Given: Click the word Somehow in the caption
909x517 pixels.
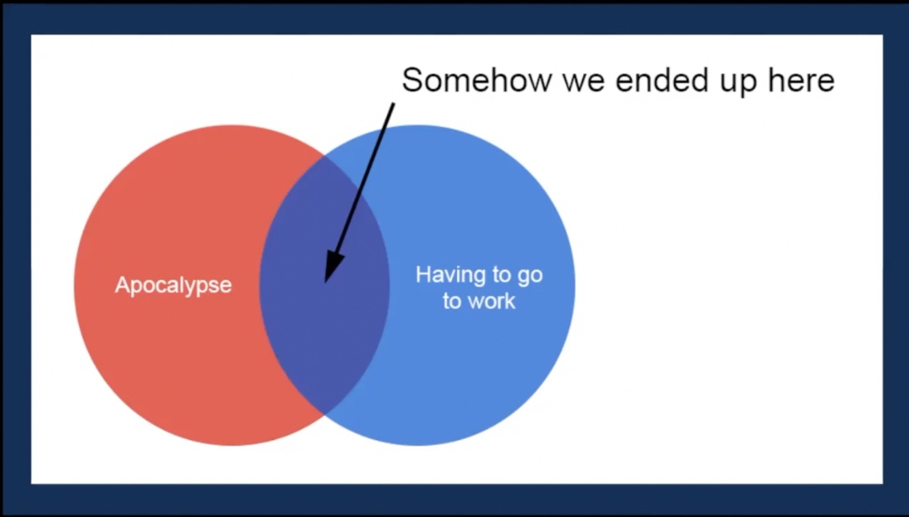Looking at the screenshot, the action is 477,80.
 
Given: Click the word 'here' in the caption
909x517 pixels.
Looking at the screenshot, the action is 802,80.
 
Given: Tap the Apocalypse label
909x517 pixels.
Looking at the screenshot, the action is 173,285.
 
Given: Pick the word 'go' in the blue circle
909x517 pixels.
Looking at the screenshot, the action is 530,276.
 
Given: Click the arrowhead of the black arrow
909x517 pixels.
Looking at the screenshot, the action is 332,268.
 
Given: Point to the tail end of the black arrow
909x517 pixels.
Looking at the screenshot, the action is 394,104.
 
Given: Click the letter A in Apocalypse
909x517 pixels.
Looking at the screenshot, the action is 122,284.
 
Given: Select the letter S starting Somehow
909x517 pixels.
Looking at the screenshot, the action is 412,80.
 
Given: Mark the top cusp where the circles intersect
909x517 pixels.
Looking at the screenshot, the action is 324,155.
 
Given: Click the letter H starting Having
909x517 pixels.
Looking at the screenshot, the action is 423,274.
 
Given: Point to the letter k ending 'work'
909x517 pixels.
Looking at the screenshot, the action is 511,301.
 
